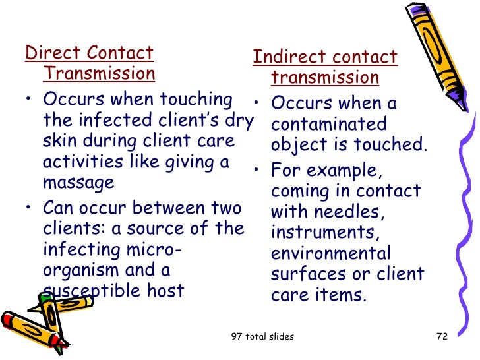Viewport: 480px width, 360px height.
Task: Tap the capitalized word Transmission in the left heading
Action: click(99, 73)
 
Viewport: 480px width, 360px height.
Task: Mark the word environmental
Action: click(330, 253)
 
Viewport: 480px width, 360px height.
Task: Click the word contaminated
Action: click(328, 125)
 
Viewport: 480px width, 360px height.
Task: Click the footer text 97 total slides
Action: click(263, 337)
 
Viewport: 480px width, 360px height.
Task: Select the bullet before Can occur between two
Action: click(29, 209)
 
